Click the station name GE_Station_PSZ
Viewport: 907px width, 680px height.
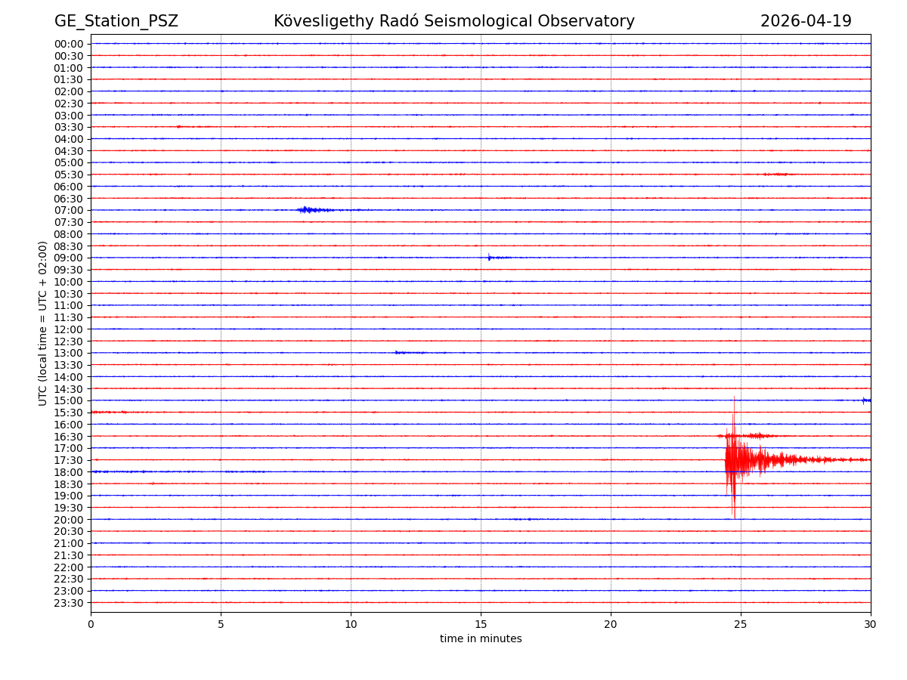point(116,21)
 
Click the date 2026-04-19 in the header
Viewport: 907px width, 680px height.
point(806,21)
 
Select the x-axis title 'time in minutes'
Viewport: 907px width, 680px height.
point(481,639)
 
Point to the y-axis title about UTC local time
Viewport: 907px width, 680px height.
point(43,323)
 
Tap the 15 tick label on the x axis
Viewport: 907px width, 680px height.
point(481,625)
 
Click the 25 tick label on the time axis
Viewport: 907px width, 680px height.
point(741,625)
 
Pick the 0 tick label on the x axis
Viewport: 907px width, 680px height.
point(91,625)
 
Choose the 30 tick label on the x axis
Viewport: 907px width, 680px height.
point(871,625)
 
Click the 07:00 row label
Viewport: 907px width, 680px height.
point(69,210)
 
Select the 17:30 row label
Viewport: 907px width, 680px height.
point(69,460)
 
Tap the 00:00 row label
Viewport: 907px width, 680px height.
point(69,44)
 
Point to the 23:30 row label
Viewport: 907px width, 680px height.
point(69,603)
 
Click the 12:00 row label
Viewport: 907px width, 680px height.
point(69,329)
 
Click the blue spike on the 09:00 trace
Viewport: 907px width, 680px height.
point(489,258)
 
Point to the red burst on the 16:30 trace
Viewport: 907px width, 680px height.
point(748,436)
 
